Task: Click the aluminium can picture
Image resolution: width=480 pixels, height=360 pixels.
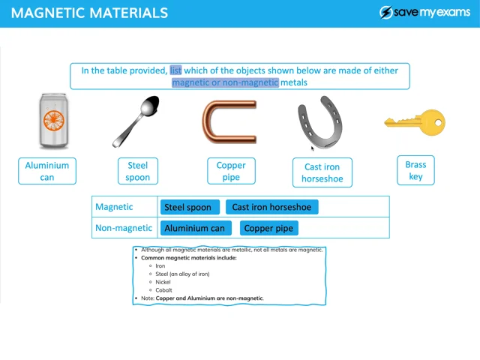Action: [53, 121]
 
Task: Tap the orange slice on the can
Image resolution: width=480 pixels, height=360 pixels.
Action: [54, 120]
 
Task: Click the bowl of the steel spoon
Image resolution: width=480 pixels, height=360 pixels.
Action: [150, 106]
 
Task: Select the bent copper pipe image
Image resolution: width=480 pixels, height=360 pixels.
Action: [229, 121]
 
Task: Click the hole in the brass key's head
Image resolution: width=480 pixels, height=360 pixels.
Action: [438, 123]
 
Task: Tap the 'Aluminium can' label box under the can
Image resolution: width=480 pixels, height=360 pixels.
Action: [47, 171]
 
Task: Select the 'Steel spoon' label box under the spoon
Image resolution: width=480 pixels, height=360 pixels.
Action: [138, 171]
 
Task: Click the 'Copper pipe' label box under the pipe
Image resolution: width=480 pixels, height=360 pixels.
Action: [231, 171]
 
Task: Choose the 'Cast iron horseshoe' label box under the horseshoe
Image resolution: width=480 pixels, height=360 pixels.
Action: [322, 172]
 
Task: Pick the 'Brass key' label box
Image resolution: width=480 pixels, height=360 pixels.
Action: [415, 170]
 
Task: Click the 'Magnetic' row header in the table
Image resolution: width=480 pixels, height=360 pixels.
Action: [114, 207]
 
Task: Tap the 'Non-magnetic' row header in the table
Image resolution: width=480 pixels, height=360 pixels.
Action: [124, 228]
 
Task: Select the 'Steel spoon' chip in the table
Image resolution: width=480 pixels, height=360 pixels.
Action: [190, 207]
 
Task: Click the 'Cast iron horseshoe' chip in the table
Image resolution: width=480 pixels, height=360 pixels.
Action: [271, 207]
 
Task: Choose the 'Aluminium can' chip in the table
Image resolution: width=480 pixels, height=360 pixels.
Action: [196, 228]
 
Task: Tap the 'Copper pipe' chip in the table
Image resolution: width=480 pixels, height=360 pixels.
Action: [268, 228]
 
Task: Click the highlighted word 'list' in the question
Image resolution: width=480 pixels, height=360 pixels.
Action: [175, 70]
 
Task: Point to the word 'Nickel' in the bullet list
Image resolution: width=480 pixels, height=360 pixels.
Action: [163, 282]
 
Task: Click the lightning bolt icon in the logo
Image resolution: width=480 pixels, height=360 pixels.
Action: [386, 13]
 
